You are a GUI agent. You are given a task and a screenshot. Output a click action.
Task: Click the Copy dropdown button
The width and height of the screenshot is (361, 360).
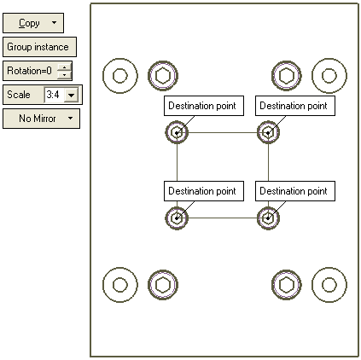tap(33, 23)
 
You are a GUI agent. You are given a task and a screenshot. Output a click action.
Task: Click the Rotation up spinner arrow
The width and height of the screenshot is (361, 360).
tap(65, 67)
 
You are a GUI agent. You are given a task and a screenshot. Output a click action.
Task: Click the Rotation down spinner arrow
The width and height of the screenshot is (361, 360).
tap(65, 74)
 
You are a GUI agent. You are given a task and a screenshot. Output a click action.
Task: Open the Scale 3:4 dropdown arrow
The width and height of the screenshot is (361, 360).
tap(72, 95)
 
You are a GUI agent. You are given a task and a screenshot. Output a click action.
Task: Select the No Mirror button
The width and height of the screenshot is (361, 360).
tap(41, 119)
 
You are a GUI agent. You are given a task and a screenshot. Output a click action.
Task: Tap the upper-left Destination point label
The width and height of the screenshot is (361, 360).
tap(204, 106)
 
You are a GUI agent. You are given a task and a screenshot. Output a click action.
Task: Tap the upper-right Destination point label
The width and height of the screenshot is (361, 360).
tap(295, 106)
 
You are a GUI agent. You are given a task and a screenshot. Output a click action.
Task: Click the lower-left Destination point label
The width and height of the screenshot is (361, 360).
tap(204, 191)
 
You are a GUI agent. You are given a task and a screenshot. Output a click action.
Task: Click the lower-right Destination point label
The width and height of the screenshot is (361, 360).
tap(295, 191)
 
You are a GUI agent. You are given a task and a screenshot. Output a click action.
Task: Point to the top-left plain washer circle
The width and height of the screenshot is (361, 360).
tap(103, 76)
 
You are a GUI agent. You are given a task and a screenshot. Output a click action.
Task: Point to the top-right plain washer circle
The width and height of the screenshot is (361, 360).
tap(312, 76)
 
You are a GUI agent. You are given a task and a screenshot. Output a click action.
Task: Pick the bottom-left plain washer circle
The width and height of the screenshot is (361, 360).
tap(103, 285)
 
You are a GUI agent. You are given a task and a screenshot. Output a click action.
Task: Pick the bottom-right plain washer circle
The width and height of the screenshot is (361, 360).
tap(312, 285)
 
